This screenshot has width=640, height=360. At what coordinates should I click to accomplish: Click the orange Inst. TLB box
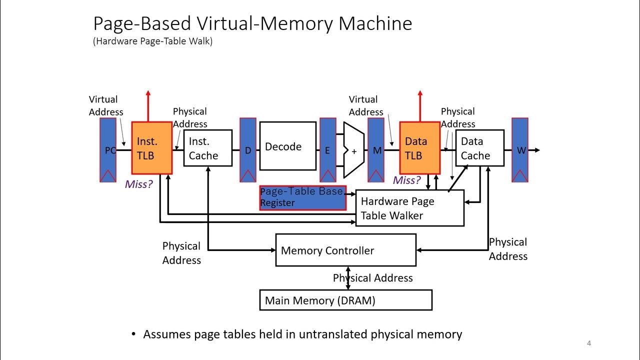[151, 148]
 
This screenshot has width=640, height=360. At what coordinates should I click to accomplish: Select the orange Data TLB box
[419, 148]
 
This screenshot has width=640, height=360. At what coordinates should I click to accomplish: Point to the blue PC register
[107, 149]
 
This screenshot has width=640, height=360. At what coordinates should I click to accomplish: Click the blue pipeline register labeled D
[247, 149]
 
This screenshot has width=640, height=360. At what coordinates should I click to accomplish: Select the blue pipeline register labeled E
[327, 149]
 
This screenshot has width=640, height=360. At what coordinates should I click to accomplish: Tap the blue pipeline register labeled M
[375, 149]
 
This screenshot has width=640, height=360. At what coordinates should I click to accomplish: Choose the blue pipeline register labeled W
[519, 149]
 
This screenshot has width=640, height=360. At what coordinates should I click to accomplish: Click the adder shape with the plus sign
[353, 150]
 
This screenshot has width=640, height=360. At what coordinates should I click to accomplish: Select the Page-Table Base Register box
[302, 197]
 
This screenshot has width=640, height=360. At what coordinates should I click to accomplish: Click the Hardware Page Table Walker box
[409, 208]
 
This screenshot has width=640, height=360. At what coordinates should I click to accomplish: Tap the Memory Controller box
[345, 250]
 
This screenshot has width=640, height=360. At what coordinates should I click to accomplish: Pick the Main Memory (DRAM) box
[345, 300]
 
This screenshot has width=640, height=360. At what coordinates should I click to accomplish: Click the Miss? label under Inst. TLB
[138, 184]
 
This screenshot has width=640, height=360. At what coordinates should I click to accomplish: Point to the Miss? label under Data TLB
[406, 180]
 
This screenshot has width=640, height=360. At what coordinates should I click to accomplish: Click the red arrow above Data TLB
[419, 105]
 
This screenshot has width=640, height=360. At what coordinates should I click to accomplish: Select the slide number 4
[589, 343]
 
